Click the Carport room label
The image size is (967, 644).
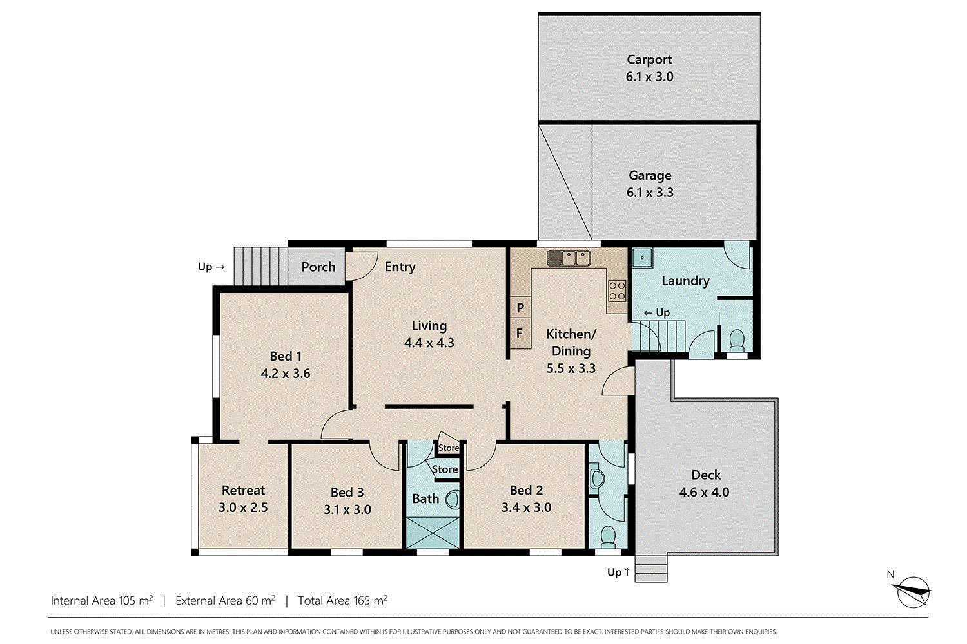tap(649, 60)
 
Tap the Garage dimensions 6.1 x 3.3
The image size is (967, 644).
tap(650, 193)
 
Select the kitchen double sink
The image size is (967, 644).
tap(569, 258)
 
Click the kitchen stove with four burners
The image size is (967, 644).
tap(617, 290)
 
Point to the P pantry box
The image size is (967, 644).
tap(520, 308)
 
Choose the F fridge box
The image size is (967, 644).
tap(520, 334)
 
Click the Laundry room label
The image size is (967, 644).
tap(685, 281)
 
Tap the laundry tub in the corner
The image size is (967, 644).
tap(642, 258)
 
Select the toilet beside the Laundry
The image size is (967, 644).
tap(736, 340)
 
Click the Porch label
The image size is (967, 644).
tap(318, 267)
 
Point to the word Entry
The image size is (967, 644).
tap(400, 267)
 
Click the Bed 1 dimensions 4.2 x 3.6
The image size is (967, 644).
tap(286, 374)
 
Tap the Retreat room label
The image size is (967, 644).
tap(243, 490)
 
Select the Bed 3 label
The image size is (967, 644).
tap(347, 492)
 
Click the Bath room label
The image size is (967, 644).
tap(425, 498)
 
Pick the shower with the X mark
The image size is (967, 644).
tap(433, 533)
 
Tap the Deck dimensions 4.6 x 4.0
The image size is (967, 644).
tap(704, 492)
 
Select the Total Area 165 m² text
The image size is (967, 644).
tap(342, 601)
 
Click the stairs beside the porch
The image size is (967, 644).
tap(259, 266)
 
